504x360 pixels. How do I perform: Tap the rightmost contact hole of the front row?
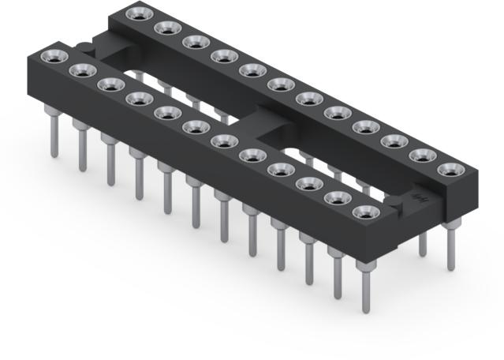tap(366, 212)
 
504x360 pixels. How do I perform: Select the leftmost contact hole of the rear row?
tap(139, 13)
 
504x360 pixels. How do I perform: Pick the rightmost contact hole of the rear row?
tap(450, 170)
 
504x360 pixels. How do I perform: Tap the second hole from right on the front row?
tap(337, 198)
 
